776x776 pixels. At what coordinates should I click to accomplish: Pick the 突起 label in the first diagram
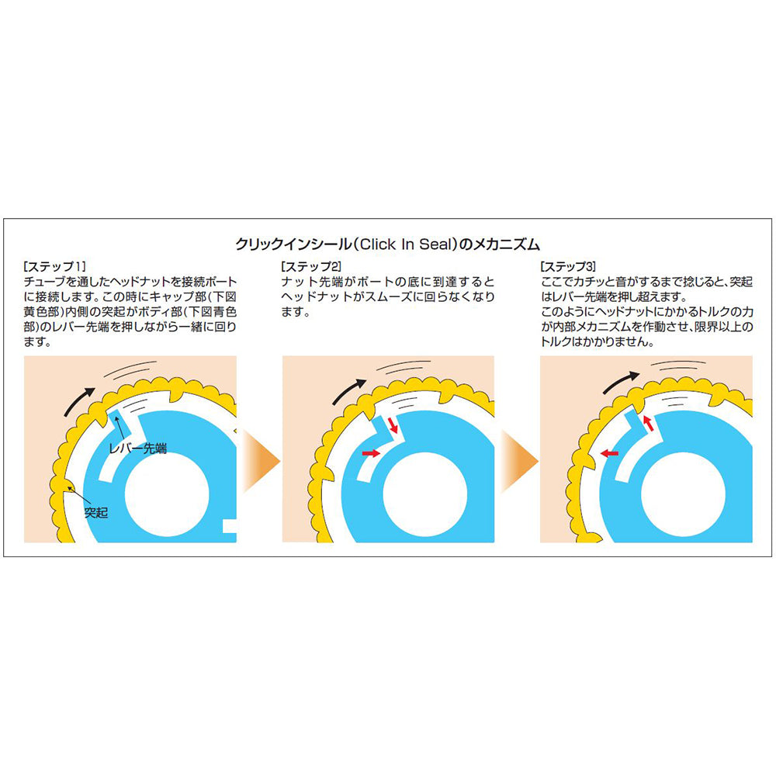96,513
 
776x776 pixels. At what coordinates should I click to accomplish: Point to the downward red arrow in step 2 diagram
393,425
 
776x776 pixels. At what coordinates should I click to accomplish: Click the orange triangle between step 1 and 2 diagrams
260,462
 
